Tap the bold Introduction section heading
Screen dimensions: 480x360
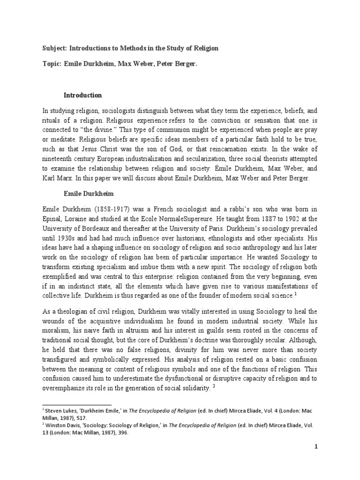82,95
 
